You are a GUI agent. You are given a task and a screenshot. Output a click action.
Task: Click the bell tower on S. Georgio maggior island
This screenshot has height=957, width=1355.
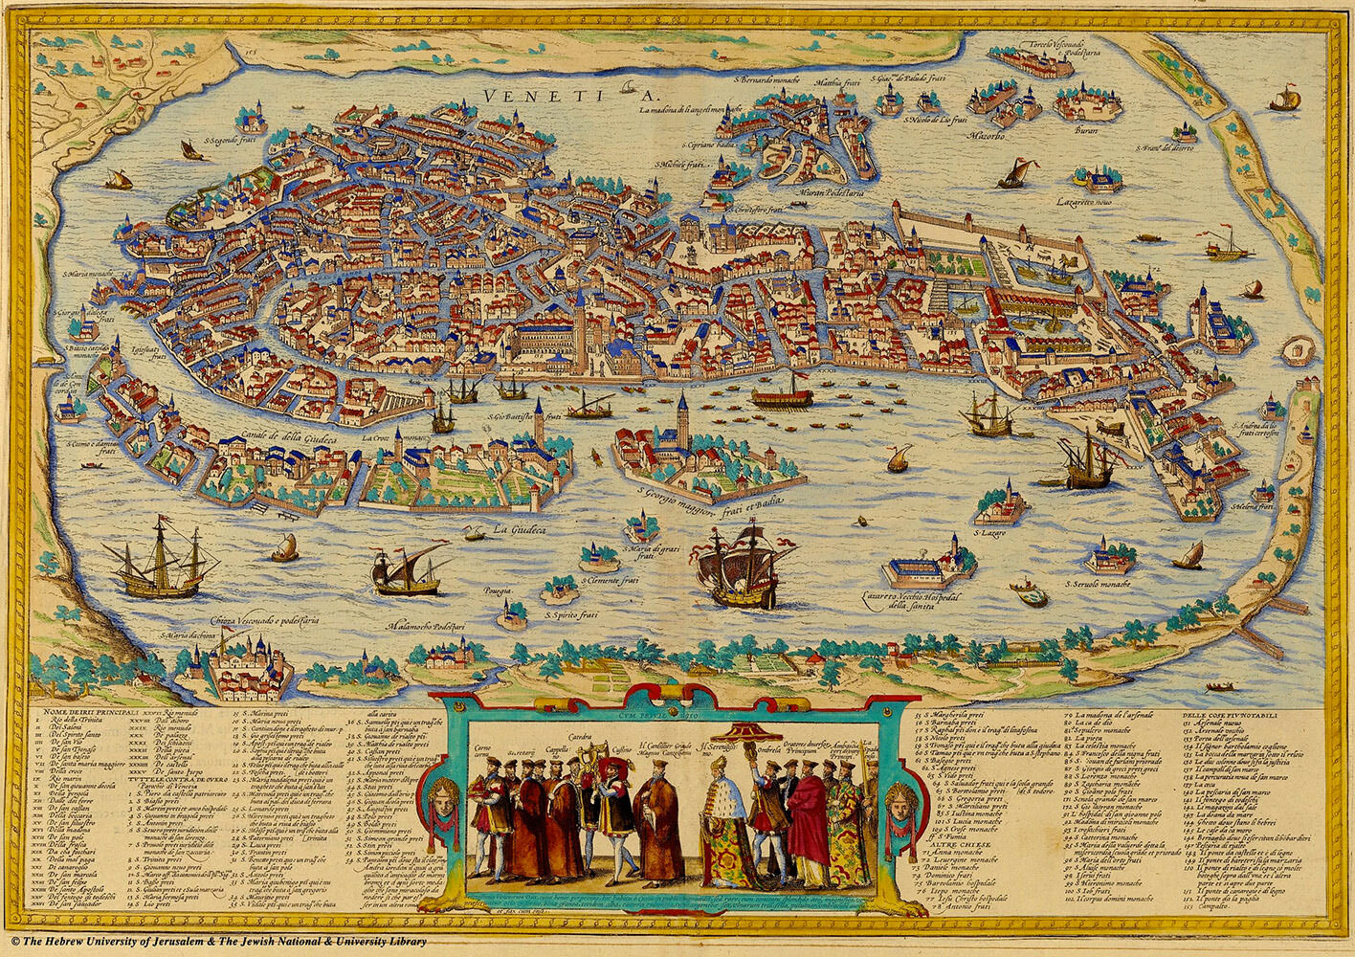click(x=682, y=416)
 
